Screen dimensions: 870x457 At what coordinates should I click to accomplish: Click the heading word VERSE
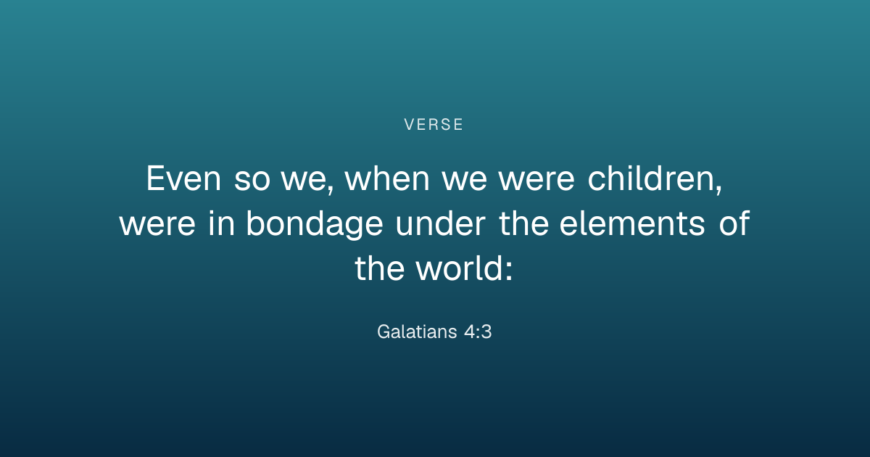(x=434, y=124)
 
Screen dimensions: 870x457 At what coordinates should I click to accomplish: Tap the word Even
(x=183, y=178)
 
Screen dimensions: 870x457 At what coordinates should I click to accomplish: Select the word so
(x=252, y=180)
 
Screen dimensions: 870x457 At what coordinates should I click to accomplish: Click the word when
(x=387, y=178)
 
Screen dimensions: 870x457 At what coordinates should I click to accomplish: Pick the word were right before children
(x=536, y=180)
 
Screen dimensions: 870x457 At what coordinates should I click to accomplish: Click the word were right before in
(x=157, y=224)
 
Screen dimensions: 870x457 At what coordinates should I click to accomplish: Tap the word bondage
(x=315, y=224)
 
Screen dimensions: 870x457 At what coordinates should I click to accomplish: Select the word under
(x=441, y=222)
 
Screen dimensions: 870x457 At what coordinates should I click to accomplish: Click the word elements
(x=632, y=222)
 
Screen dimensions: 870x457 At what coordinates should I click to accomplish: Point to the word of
(x=734, y=222)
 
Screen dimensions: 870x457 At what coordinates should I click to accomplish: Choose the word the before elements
(x=523, y=222)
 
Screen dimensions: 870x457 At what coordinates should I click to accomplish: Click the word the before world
(x=379, y=268)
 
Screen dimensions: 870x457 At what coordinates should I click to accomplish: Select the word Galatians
(x=417, y=332)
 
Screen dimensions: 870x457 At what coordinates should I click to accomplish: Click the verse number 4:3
(x=478, y=332)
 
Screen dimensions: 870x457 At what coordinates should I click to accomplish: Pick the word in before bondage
(x=221, y=222)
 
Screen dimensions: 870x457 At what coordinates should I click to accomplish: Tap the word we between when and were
(x=464, y=180)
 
